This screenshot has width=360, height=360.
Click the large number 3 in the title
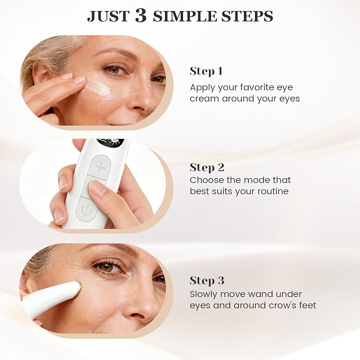141,15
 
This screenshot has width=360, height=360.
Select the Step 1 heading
206,72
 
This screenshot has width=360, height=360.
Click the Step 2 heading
207,168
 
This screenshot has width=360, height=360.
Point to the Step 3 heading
207,280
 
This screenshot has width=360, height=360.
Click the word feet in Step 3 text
308,305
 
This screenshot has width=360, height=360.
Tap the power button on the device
86,211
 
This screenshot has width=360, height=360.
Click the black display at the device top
111,142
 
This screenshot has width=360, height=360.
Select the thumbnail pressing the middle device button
96,188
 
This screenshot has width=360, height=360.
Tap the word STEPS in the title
247,16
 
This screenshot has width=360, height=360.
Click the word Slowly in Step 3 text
204,294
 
